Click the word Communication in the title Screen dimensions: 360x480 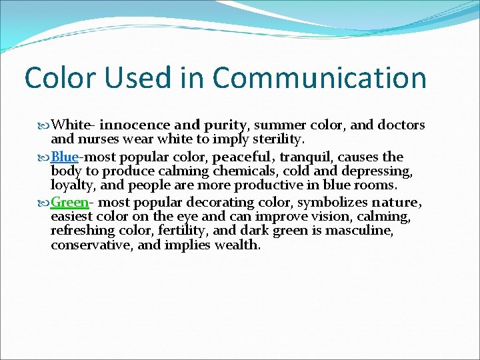[x=319, y=77]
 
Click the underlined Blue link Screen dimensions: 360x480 [x=65, y=157]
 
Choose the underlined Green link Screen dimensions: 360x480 [x=69, y=202]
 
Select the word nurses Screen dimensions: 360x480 [x=99, y=139]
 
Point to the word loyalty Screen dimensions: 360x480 [x=73, y=185]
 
